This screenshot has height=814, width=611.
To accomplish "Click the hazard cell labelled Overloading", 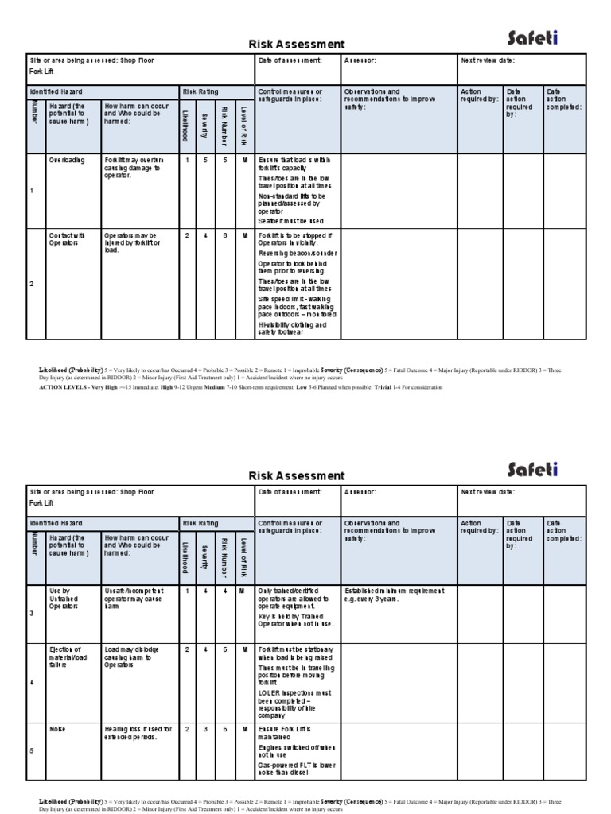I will [66, 160].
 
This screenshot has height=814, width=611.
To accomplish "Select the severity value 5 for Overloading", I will [205, 160].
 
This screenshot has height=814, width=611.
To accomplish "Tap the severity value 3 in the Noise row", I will [205, 728].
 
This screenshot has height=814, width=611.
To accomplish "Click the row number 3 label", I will [33, 614].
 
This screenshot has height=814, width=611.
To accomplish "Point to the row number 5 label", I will [33, 749].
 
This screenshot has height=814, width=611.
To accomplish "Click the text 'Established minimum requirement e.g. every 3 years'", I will [394, 595].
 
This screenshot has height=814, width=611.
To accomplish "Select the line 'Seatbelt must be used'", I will [291, 221].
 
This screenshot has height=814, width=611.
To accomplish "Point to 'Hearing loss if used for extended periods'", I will [138, 732].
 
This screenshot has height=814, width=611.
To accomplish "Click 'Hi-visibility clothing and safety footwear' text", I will [292, 329].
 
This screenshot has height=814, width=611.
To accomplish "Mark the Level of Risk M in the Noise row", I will [243, 728].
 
